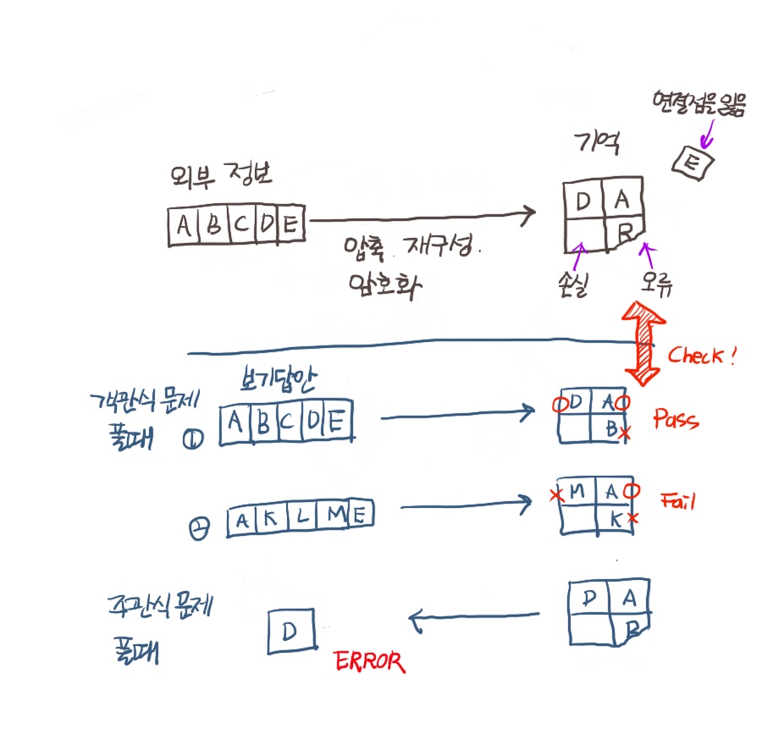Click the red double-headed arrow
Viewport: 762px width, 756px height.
643,343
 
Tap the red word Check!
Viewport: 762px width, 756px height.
702,356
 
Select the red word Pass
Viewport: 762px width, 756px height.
676,418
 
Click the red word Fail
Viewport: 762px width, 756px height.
677,501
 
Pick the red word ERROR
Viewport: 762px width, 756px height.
369,661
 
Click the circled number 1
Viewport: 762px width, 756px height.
192,439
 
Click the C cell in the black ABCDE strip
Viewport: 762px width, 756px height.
243,226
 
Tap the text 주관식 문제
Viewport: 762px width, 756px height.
158,607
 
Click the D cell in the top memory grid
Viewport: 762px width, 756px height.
583,201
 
